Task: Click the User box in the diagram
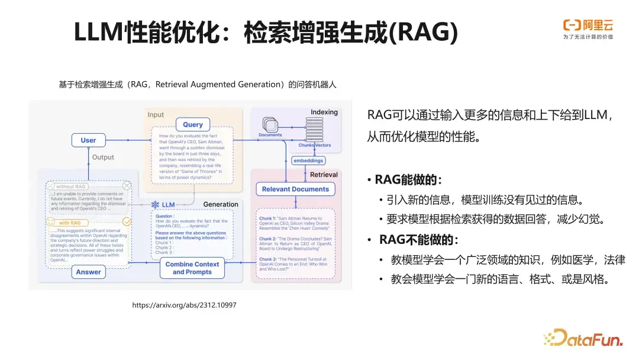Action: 88,140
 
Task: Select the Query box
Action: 193,124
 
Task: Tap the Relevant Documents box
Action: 295,189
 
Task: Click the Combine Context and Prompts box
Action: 192,268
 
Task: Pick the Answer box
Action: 88,272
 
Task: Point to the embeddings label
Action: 308,160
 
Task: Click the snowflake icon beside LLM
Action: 156,205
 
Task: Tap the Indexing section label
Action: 324,112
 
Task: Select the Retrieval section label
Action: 324,175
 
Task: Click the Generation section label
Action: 221,204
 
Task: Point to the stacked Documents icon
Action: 270,125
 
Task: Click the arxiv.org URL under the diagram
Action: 184,305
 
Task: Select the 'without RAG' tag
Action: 71,187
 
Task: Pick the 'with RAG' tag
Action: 72,223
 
